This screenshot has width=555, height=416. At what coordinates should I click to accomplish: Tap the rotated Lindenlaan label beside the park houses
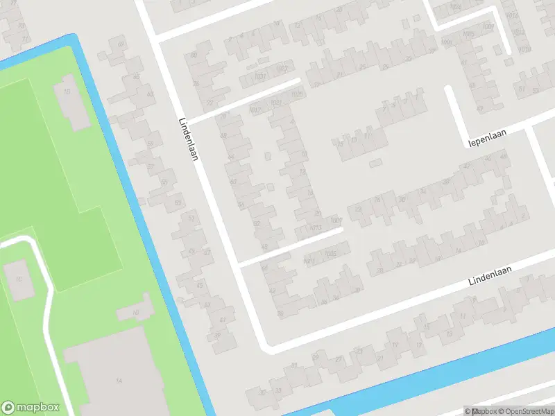click(188, 137)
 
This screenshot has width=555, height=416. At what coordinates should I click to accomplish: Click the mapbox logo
click(31, 407)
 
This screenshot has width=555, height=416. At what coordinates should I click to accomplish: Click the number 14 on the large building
click(119, 381)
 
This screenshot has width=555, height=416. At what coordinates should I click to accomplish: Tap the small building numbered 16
click(136, 313)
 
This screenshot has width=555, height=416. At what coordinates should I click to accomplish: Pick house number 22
click(358, 209)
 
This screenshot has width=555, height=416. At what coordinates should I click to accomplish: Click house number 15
click(426, 326)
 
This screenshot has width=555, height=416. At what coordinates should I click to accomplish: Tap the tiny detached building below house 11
click(375, 164)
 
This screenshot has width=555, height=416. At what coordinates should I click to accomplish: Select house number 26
click(378, 200)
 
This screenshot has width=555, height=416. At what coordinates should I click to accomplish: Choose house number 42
click(466, 166)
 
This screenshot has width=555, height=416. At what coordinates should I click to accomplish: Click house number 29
click(385, 67)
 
